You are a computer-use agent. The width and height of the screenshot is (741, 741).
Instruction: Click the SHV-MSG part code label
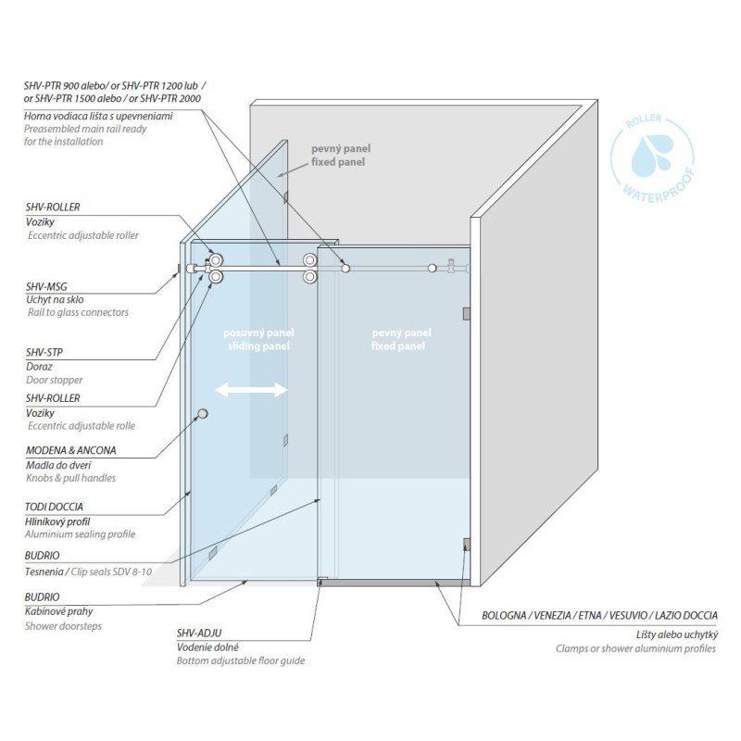pos(46,286)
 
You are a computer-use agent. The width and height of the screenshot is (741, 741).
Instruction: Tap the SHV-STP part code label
pos(44,353)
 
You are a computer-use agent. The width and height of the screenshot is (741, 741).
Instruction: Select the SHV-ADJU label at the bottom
pos(199,633)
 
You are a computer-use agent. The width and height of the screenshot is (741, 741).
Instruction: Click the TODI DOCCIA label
pos(54,507)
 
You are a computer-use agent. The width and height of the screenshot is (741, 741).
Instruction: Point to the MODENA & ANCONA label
pos(71,450)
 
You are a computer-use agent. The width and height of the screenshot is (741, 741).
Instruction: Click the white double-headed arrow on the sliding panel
pos(251,390)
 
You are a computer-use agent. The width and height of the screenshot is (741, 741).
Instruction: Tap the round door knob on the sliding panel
pos(203,414)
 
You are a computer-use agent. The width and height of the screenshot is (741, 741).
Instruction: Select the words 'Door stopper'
pos(54,380)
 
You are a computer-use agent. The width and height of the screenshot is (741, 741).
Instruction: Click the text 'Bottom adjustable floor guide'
pos(241,660)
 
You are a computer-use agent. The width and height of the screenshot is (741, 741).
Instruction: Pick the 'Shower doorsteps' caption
pos(63,626)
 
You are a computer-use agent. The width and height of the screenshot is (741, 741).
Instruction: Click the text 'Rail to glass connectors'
pos(78,312)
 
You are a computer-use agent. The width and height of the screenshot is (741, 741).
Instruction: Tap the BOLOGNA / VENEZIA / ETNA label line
pos(599,616)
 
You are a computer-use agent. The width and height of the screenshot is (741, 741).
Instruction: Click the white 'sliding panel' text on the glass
pos(258,346)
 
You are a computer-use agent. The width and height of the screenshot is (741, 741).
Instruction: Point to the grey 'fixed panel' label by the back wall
pos(338,162)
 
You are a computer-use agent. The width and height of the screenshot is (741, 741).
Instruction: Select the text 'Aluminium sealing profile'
pos(80,534)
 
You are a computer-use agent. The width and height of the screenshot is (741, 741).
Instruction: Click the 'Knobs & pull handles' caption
pos(71,478)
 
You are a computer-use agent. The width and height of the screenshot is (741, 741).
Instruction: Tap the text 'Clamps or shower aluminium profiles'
pos(635,649)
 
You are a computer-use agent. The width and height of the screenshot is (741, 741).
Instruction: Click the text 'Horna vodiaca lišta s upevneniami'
pos(98,117)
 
